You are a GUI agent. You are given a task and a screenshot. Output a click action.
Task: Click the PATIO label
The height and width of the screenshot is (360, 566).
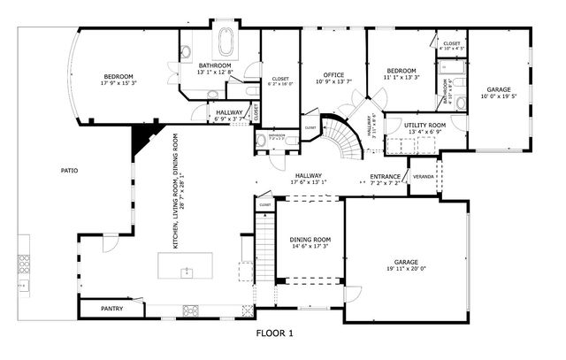tap(69, 170)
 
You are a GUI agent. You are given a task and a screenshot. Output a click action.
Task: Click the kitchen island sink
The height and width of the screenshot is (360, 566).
tap(187, 272)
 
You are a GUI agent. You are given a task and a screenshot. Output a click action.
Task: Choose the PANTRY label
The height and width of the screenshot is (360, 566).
tap(111, 310)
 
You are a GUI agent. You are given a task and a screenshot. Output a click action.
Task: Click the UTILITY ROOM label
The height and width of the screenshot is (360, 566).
tap(424, 126)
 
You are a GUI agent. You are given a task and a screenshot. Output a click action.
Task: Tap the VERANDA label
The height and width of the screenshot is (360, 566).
tap(424, 176)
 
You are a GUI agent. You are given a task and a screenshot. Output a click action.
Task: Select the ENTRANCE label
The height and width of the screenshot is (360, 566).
tap(386, 176)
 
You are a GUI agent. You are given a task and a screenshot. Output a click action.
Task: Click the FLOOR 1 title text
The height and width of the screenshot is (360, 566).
tap(274, 333)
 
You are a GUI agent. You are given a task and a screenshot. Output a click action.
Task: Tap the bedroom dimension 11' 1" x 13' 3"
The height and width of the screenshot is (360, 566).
tap(401, 78)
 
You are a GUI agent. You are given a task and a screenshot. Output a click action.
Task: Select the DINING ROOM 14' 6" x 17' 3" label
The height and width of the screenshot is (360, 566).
tap(310, 242)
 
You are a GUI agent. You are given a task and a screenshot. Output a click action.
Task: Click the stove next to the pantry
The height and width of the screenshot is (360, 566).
tap(190, 309)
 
